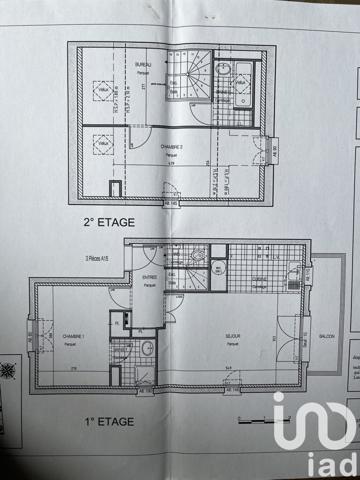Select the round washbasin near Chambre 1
pyautogui.click(x=147, y=348)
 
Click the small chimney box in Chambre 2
pyautogui.click(x=116, y=188)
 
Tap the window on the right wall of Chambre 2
pyautogui.click(x=267, y=151)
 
